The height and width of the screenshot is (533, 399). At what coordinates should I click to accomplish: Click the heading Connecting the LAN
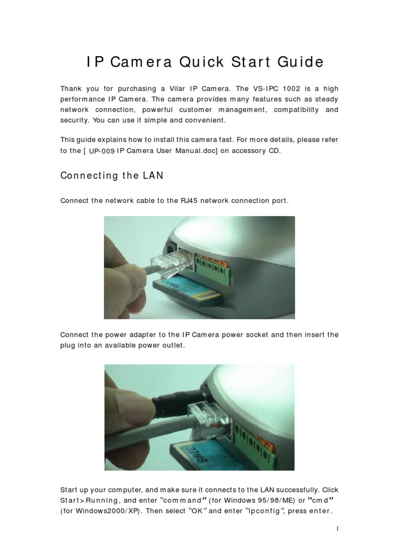click(112, 175)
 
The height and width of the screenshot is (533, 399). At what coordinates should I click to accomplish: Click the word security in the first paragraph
click(77, 120)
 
